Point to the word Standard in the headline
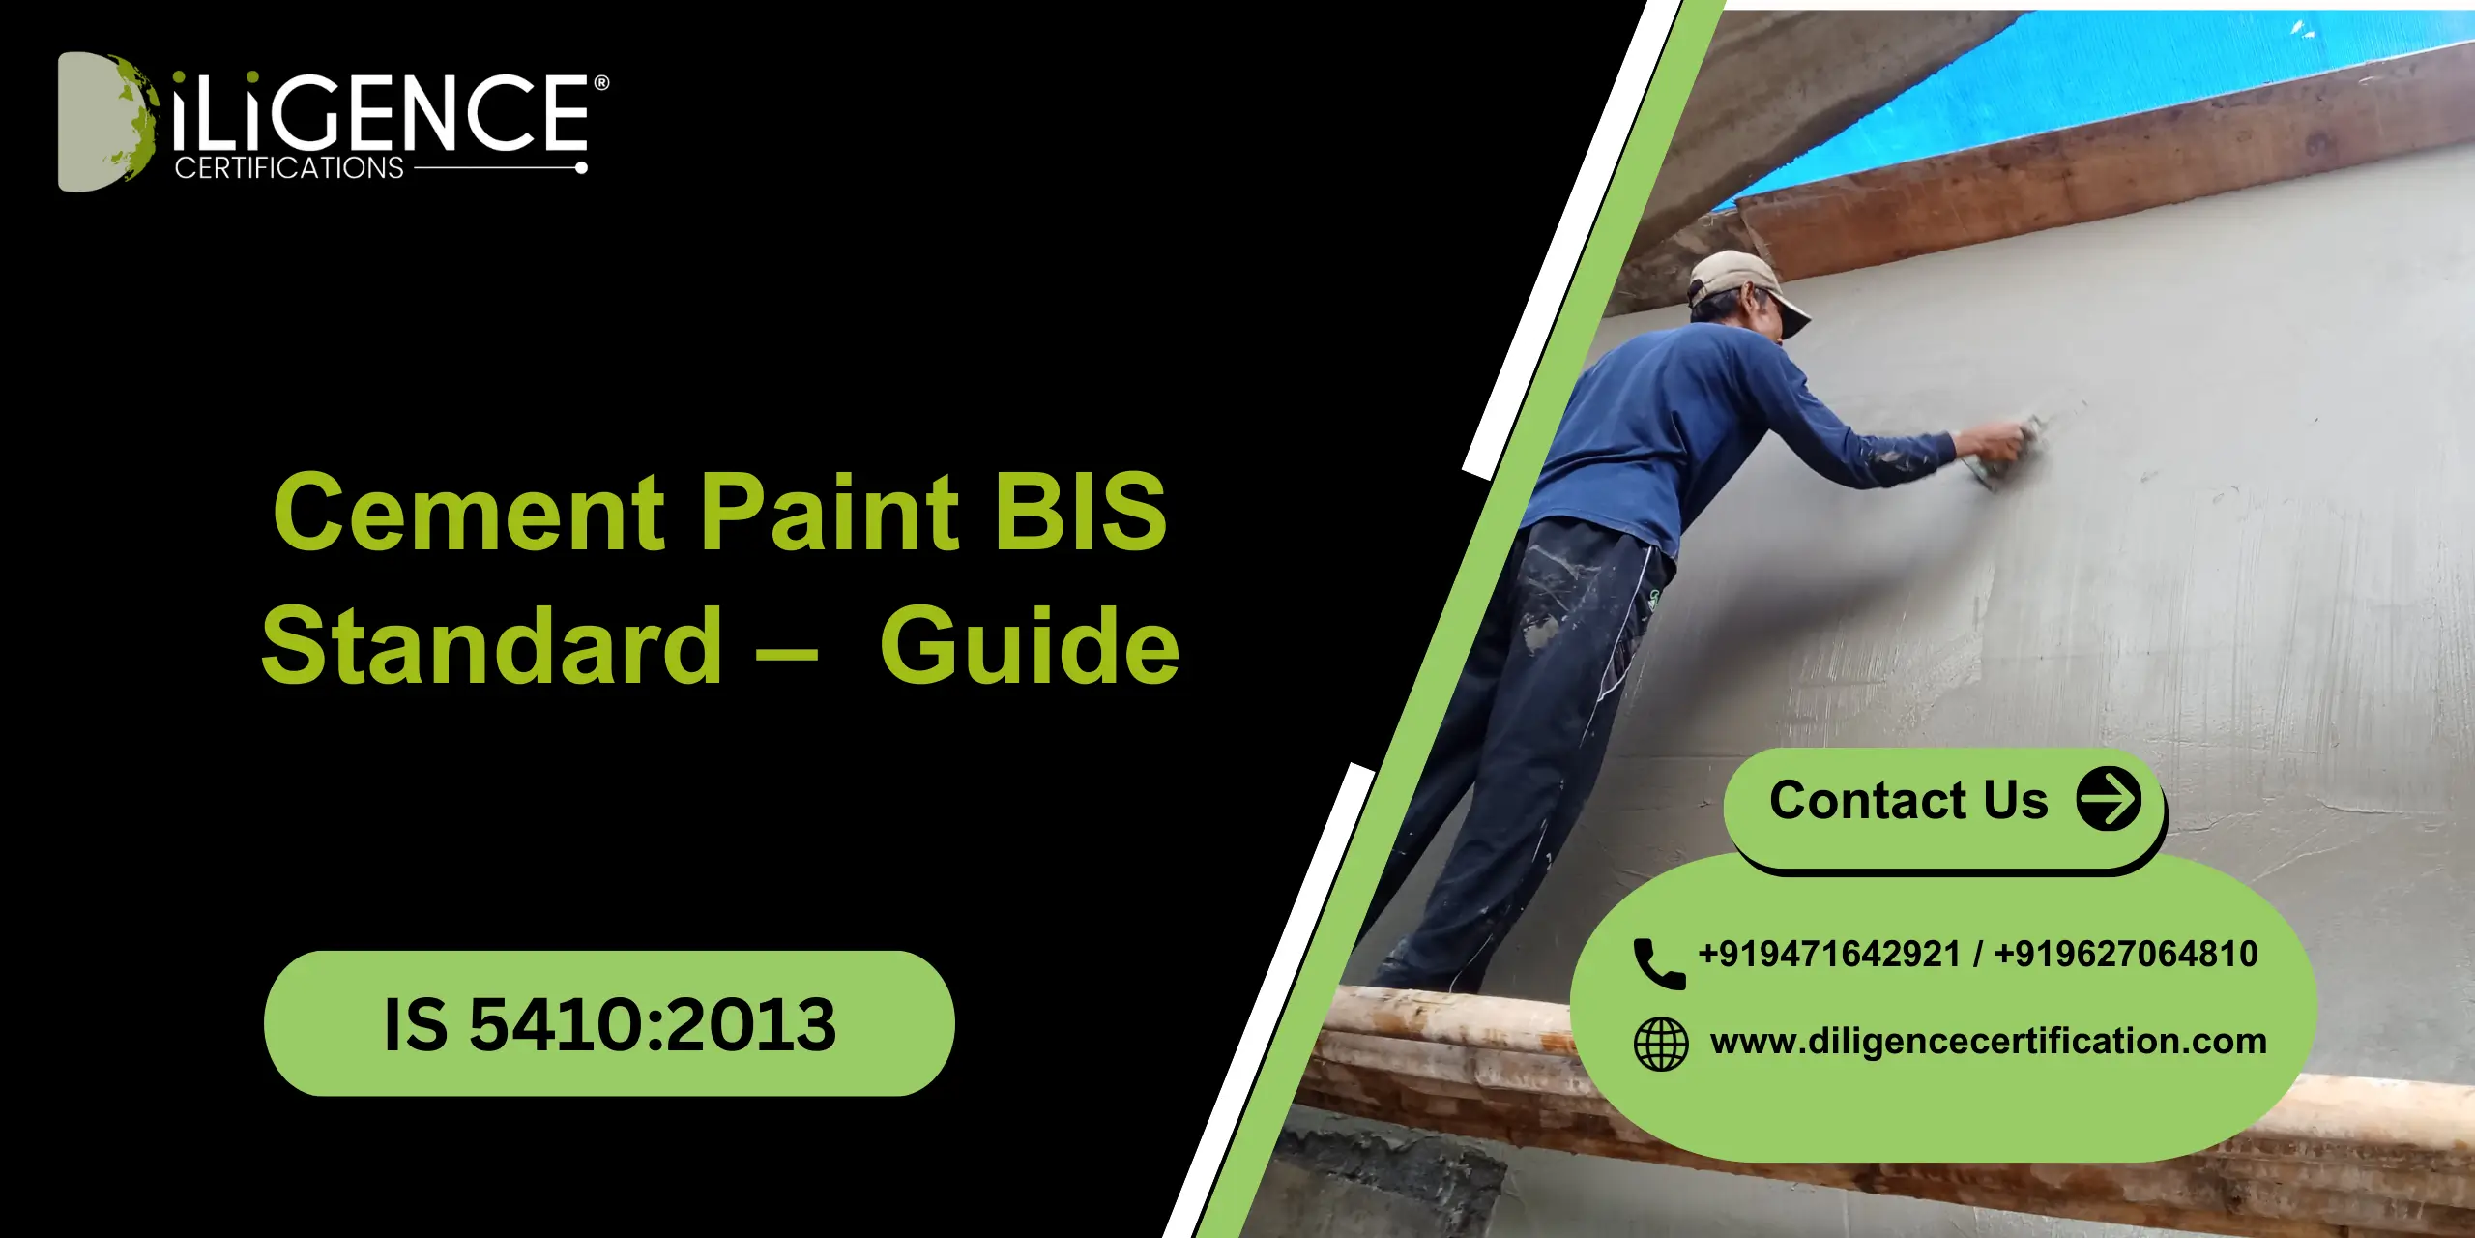[492, 646]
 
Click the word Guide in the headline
[1030, 646]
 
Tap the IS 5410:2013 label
[609, 1023]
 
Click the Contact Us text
[1908, 801]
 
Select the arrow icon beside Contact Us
[2109, 799]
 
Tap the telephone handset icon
[1658, 962]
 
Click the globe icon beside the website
[1661, 1044]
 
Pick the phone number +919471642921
[1829, 955]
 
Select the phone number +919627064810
[2126, 955]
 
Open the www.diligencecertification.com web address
[1988, 1042]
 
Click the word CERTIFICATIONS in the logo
[289, 168]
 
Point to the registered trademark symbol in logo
[601, 83]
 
